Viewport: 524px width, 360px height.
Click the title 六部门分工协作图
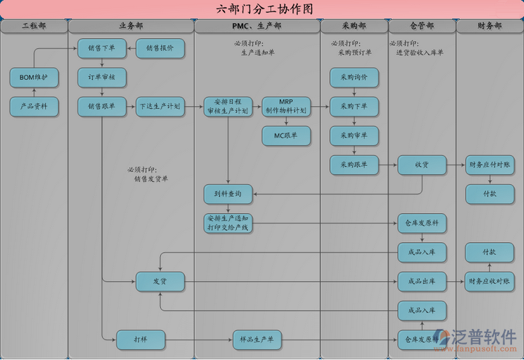pos(262,9)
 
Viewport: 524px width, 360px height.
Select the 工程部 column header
pos(34,26)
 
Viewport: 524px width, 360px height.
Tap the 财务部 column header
pos(489,26)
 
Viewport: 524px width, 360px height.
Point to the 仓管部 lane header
pos(422,26)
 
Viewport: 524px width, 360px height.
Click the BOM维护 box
pos(34,78)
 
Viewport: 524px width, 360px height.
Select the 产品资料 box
pos(34,107)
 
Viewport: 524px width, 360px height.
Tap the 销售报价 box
pos(160,49)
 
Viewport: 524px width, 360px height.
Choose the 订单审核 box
pos(102,78)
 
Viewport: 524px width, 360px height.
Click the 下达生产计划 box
pos(160,107)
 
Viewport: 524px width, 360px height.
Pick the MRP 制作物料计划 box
pos(286,107)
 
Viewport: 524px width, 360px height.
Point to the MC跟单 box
pos(286,136)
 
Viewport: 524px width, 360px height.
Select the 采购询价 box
pos(354,78)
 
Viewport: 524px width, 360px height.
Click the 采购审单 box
pos(354,136)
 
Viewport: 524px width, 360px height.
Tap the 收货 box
pos(422,164)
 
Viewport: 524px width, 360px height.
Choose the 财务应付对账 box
pos(489,164)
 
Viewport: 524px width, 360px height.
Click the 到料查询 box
pos(228,193)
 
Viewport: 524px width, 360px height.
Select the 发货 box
pos(160,281)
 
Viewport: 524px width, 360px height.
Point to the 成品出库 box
pos(422,281)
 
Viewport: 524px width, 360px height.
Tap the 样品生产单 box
pos(257,340)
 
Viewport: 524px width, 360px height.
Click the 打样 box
pos(140,340)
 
